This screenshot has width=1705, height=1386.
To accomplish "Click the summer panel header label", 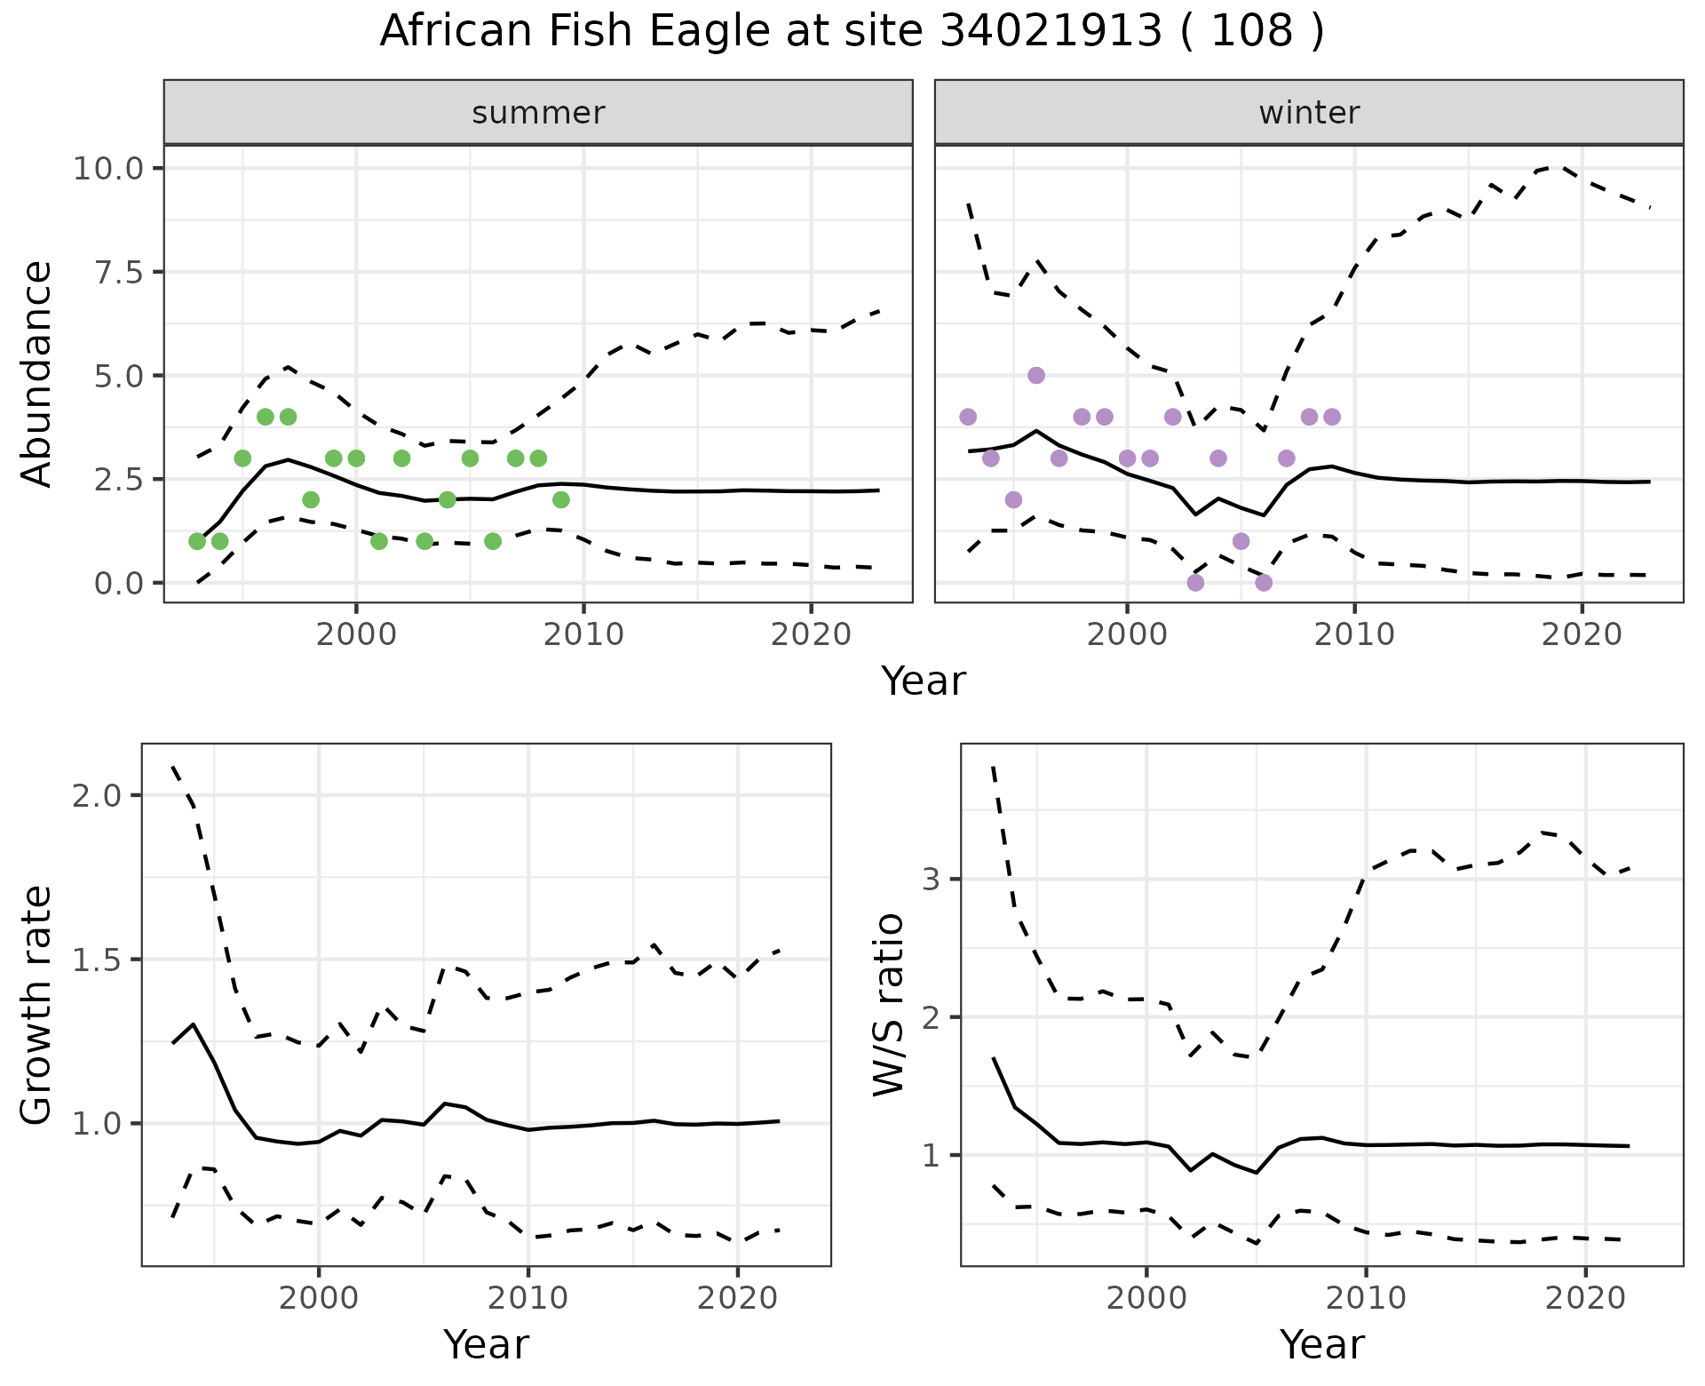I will pos(538,113).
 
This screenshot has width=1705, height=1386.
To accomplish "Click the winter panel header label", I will pos(1309,113).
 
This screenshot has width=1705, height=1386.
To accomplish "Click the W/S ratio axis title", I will pos(889,1005).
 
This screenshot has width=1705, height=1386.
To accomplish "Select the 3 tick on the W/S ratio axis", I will pos(931,880).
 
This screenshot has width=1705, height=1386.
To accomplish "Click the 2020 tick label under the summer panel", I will pos(811,635).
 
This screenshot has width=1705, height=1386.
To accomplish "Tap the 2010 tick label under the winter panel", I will pos(1354,635).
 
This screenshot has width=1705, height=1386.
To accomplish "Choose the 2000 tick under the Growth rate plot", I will pos(319,1298).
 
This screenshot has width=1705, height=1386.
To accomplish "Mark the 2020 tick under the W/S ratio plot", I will pos(1585,1298).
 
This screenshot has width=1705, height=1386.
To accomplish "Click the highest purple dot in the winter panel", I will pos(1036,375).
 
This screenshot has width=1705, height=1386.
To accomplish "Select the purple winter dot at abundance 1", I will pos(1241,541).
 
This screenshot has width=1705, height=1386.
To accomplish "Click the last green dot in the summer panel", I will pos(561,499).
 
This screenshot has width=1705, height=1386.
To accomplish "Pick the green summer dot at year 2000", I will pos(356,458).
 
